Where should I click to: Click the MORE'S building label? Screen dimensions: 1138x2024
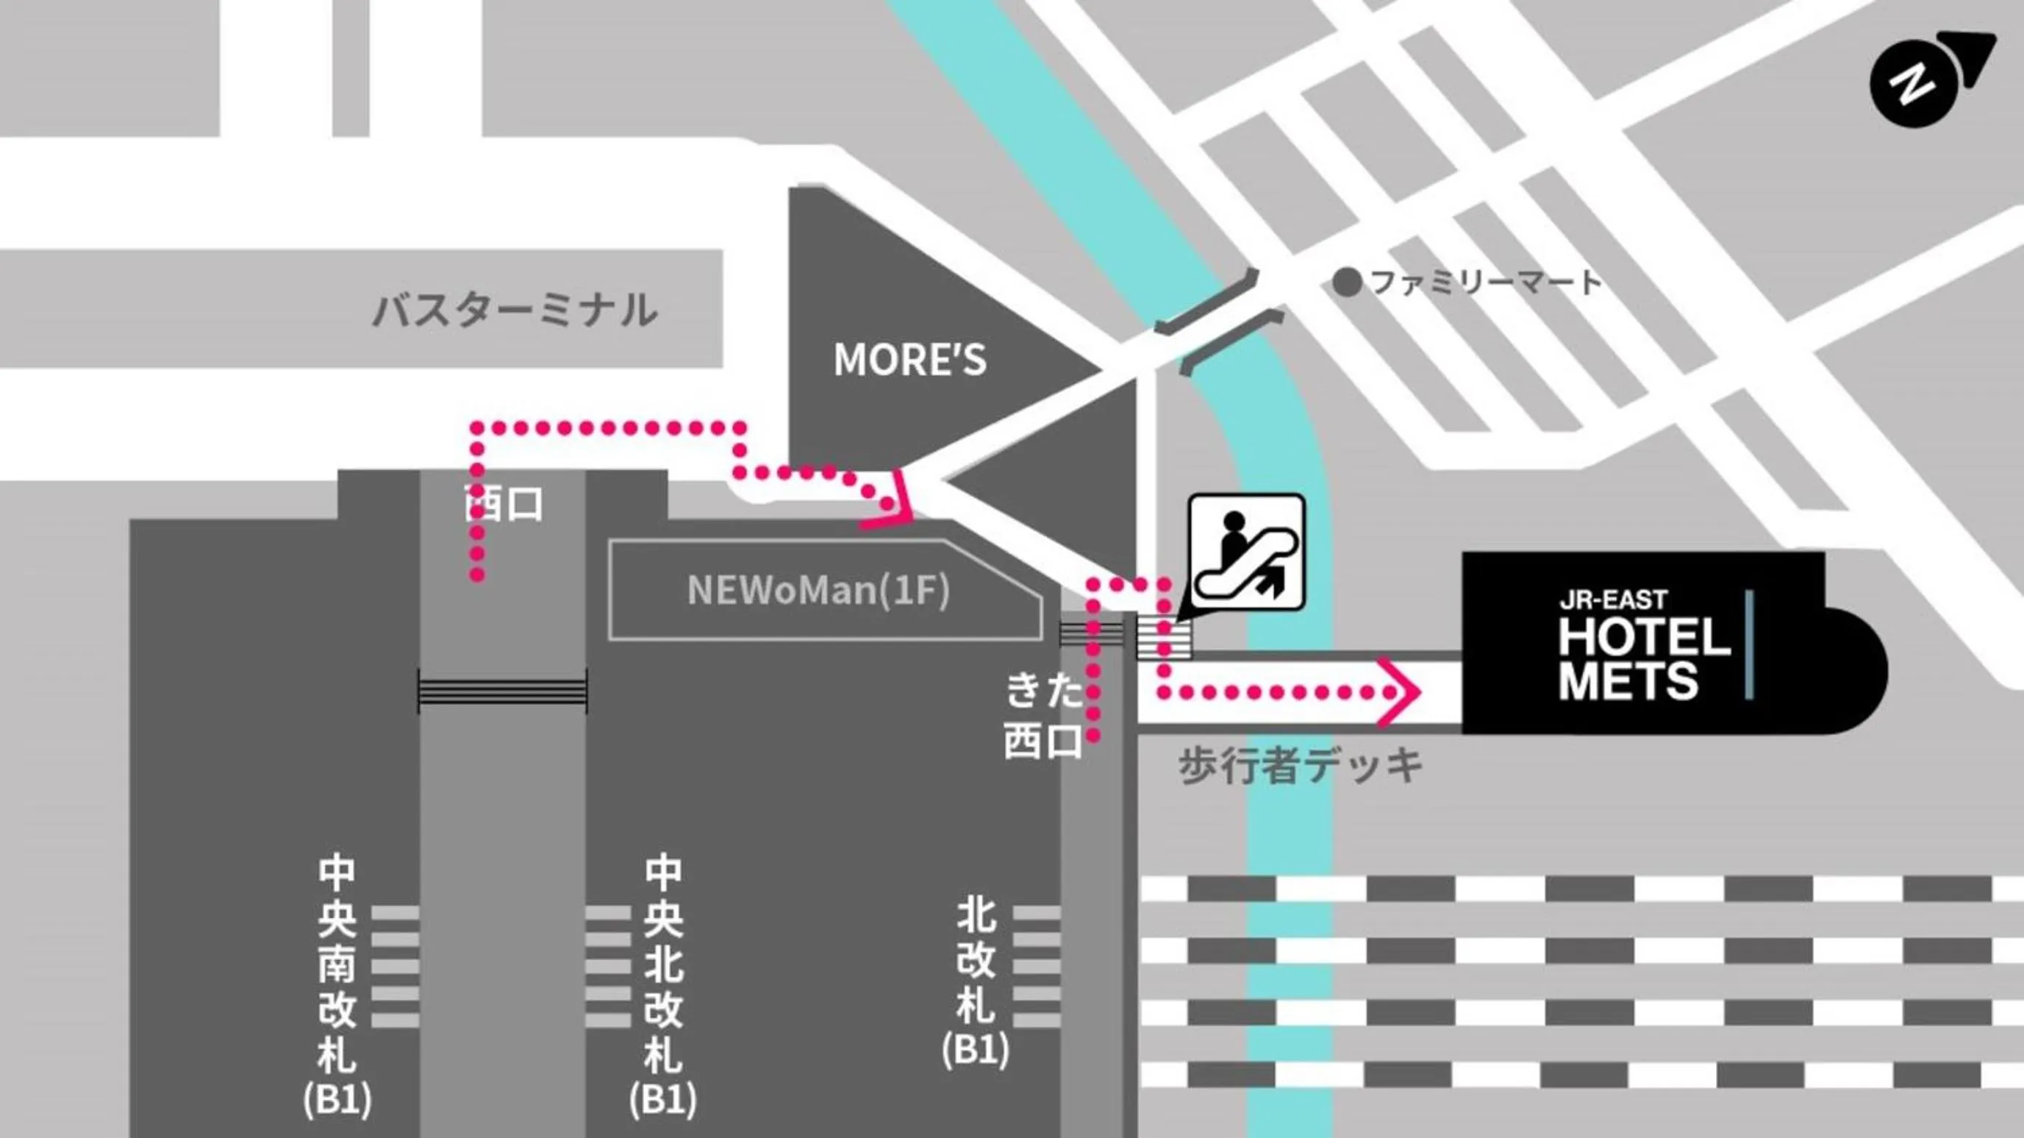click(x=909, y=360)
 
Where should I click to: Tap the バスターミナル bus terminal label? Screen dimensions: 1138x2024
click(x=515, y=310)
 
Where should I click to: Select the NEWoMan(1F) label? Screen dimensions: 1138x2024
click(x=818, y=590)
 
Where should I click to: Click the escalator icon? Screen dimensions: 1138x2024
click(x=1246, y=552)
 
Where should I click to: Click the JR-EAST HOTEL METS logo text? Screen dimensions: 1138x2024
click(x=1644, y=646)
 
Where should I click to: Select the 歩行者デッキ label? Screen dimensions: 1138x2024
click(x=1301, y=766)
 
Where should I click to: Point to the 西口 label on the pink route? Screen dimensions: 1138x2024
click(x=504, y=504)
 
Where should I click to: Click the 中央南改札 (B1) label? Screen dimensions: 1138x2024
click(x=337, y=986)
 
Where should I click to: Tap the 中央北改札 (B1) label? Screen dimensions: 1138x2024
click(x=663, y=986)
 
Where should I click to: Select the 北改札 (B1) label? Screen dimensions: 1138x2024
click(x=976, y=982)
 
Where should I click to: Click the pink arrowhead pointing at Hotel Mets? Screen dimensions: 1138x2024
click(x=1403, y=692)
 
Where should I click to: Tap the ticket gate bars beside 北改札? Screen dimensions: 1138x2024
click(x=1036, y=967)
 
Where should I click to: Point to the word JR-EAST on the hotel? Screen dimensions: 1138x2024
click(x=1613, y=600)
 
